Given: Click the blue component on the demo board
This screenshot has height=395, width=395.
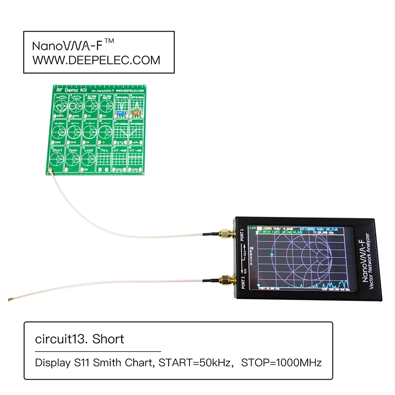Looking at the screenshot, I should [x=122, y=113].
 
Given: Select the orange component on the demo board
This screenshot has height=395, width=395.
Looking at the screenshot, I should [x=135, y=113].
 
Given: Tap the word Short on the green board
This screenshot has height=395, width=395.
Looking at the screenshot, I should [x=57, y=150].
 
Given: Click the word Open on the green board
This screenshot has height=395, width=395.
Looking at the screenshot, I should [x=73, y=150].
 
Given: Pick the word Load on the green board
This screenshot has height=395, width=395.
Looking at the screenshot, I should [x=88, y=150].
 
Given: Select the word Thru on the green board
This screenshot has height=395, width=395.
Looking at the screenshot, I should [x=104, y=150].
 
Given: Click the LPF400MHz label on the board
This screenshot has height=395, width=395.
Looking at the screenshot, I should [x=120, y=123].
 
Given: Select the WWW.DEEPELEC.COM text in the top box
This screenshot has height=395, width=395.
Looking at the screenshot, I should [x=96, y=60].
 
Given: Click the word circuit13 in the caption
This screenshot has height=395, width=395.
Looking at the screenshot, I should [x=62, y=339].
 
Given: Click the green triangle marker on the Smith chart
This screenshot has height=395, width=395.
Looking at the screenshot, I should [x=271, y=255].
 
